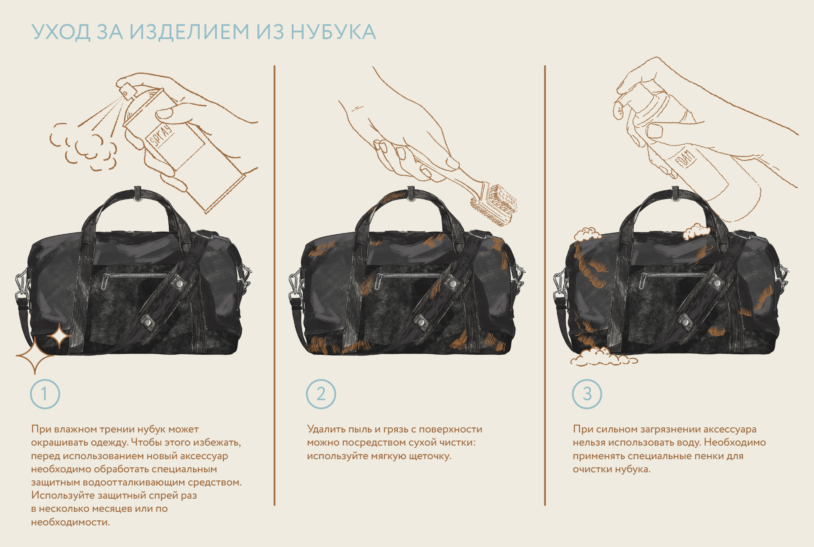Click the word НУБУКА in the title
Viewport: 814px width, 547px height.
(x=333, y=32)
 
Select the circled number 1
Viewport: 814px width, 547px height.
(x=45, y=394)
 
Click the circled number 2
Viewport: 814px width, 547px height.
(x=321, y=394)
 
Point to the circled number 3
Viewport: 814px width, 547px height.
(x=587, y=394)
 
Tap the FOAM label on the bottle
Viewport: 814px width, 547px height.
(x=685, y=159)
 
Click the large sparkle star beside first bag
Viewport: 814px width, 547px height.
(x=35, y=356)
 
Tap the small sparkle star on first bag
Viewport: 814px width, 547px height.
(x=59, y=336)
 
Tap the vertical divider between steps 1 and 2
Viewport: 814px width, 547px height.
(x=274, y=285)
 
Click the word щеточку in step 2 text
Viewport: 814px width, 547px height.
(x=429, y=456)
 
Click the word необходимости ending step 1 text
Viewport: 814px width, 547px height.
(x=70, y=522)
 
